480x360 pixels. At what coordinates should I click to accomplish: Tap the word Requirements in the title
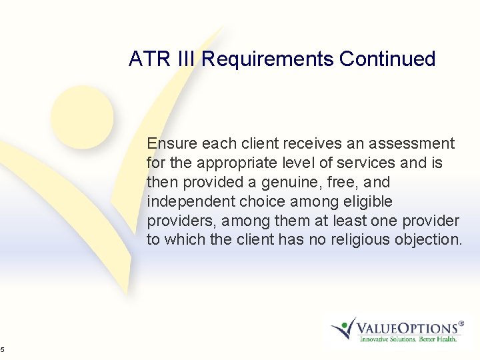point(267,59)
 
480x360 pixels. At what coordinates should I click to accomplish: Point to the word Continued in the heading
point(387,59)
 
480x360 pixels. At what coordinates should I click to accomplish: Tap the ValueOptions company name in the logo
point(410,328)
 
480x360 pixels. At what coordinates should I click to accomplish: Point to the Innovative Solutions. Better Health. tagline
point(408,339)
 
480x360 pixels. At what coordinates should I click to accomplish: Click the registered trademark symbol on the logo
point(461,321)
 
